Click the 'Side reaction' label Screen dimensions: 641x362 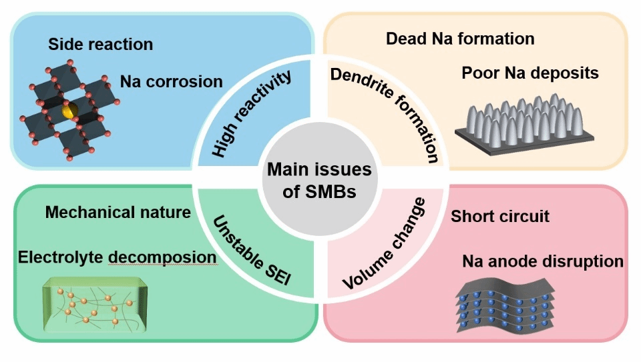coord(101,44)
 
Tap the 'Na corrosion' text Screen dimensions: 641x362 coord(172,81)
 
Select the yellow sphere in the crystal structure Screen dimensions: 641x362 coord(69,111)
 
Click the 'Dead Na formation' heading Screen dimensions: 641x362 coord(460,39)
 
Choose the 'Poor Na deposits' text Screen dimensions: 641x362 coord(530,73)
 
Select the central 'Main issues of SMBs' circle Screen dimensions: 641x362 coord(319,179)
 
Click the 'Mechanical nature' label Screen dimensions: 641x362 coord(118,212)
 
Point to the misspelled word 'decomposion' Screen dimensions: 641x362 coord(162,258)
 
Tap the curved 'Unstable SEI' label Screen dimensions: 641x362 coord(251,250)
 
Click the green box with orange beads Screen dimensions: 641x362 coord(95,304)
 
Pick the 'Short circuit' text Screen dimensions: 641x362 coord(500,216)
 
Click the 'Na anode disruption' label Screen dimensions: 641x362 coord(543,261)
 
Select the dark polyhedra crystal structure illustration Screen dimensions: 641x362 coord(69,110)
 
